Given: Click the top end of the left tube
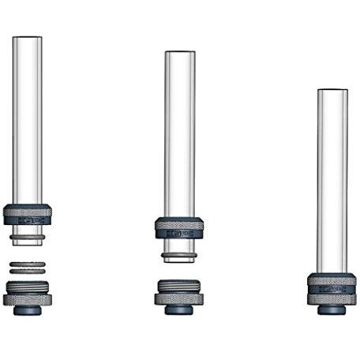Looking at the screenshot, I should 27,38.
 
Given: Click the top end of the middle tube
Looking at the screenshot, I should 179,53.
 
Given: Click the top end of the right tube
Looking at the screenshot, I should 332,91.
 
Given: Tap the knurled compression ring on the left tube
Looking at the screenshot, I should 27,213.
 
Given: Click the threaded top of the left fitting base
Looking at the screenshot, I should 27,286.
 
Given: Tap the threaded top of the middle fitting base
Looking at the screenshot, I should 179,286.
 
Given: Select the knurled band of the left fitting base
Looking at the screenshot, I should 27,299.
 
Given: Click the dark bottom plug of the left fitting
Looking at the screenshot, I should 27,310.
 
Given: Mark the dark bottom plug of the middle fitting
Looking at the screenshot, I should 179,309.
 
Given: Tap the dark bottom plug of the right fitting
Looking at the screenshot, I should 332,310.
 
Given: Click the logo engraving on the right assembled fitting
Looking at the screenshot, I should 332,289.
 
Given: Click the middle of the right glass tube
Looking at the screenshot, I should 332,182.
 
